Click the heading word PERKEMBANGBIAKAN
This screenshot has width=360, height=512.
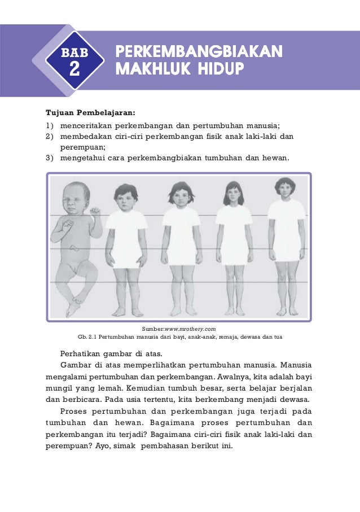(199, 52)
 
